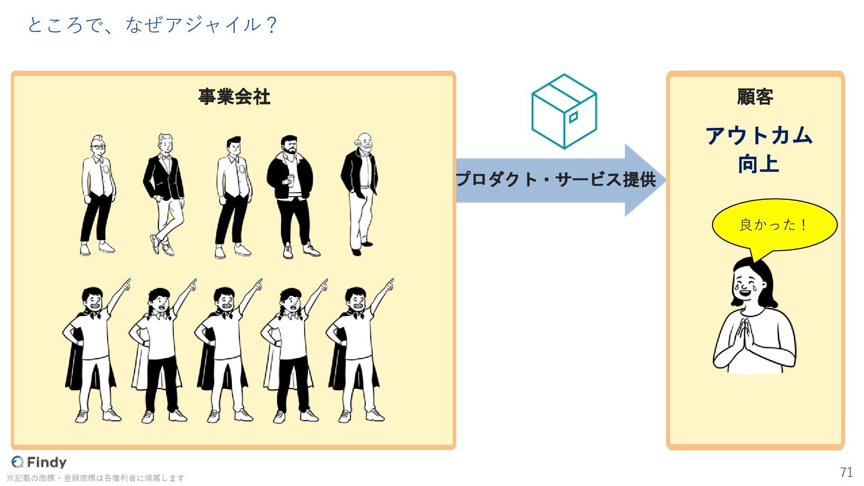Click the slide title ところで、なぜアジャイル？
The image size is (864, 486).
click(x=152, y=25)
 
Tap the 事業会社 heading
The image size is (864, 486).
click(x=234, y=97)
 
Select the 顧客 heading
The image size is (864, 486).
click(x=755, y=97)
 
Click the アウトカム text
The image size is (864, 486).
click(x=759, y=135)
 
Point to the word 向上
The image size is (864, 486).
click(x=758, y=164)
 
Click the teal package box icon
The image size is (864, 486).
click(x=564, y=112)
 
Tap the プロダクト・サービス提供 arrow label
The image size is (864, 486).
click(x=556, y=180)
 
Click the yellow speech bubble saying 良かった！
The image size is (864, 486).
click(x=774, y=225)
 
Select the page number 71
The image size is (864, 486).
click(x=846, y=472)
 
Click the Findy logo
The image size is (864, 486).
click(x=39, y=462)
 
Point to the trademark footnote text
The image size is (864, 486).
click(x=95, y=478)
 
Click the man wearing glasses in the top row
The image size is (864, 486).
click(x=98, y=193)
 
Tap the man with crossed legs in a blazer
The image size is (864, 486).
click(x=164, y=193)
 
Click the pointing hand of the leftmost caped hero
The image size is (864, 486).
click(x=127, y=284)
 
